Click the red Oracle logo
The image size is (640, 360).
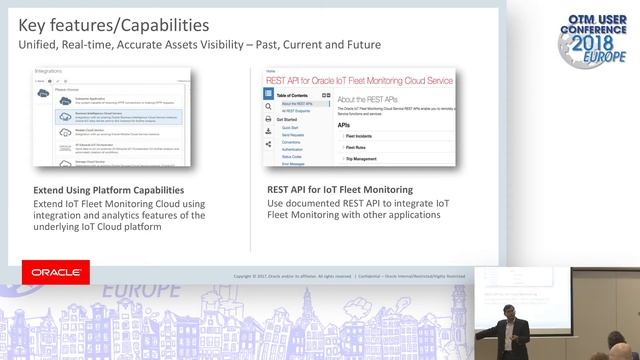point(56,272)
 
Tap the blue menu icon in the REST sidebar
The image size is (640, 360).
point(269,93)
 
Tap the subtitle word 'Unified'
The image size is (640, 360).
point(32,45)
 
